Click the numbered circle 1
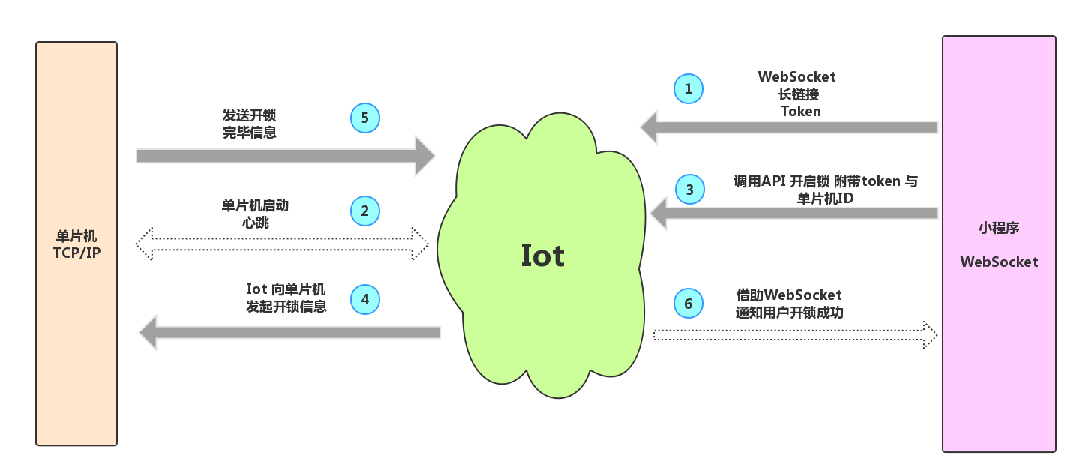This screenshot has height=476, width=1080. pos(688,89)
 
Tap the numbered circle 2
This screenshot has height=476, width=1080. pos(365,211)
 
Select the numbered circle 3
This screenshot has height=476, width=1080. pos(690,190)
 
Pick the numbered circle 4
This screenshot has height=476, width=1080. pos(365,300)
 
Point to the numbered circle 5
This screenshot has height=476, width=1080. pos(365,118)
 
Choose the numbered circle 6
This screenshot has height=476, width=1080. pos(688,304)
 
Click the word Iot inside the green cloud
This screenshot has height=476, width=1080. pos(542,256)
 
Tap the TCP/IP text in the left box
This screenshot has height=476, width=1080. pos(76,253)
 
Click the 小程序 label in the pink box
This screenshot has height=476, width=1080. pos(999,228)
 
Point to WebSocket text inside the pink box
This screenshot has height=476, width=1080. pos(999,262)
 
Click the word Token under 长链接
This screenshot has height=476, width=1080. pos(800,112)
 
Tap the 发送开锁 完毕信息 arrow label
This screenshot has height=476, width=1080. pos(249,124)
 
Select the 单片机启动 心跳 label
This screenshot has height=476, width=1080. pos(255,214)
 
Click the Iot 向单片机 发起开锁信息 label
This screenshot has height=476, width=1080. pos(286,298)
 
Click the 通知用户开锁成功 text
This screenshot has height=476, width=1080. pos(789,313)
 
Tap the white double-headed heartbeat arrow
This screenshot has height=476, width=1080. pos(282,244)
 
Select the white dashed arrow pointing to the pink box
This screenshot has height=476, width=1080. pos(795,334)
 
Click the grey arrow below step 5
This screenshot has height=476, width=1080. pos(285,155)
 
